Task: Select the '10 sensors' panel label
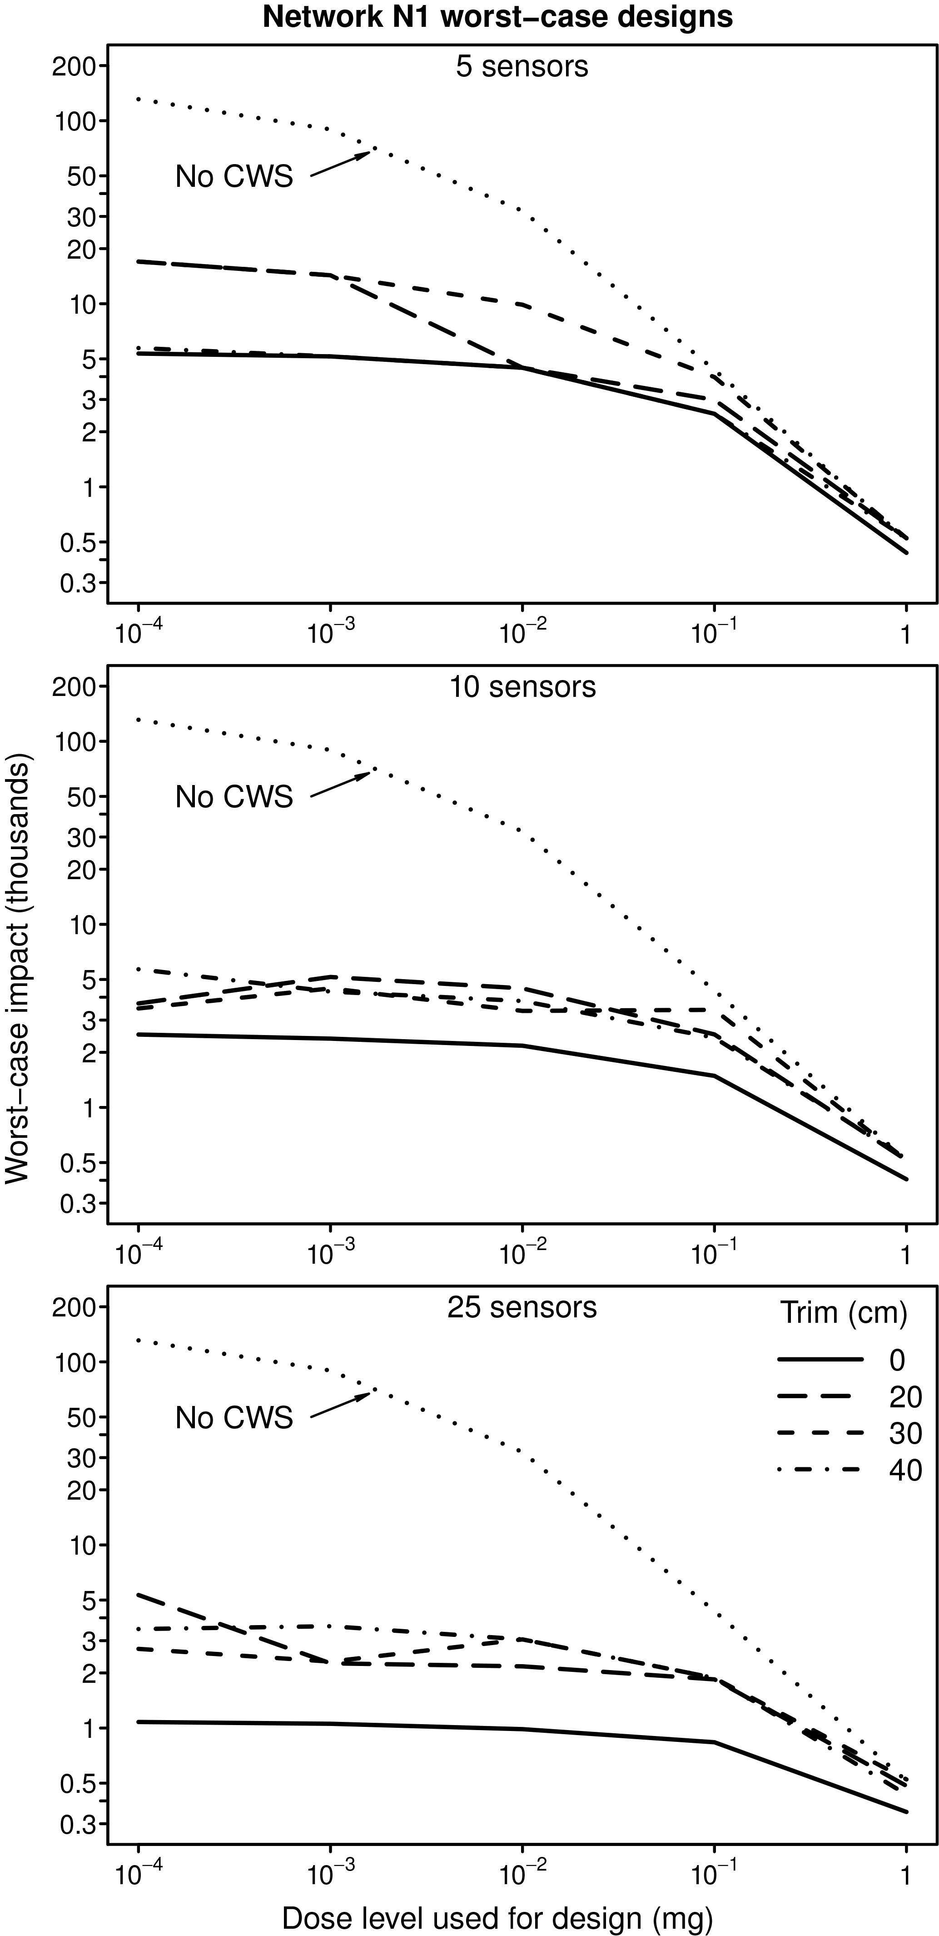[x=522, y=687]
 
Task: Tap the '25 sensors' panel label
[x=522, y=1308]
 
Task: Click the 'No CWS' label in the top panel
[x=234, y=177]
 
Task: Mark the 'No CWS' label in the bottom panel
[x=234, y=1418]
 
